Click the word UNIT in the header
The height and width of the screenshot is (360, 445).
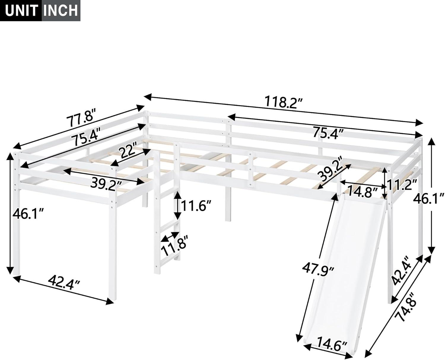(x=21, y=10)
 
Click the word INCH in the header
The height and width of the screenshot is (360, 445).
(x=61, y=10)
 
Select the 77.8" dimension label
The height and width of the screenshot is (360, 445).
(x=82, y=118)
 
